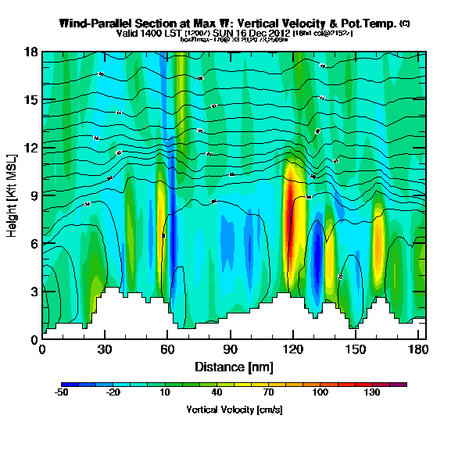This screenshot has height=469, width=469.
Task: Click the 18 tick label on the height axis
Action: [x=31, y=52]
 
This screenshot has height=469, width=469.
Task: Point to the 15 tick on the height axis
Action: [x=31, y=100]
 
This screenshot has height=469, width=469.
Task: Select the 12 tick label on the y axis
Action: [x=31, y=148]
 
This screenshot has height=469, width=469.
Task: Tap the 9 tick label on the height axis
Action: [x=34, y=195]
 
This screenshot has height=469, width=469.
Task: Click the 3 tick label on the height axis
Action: [x=34, y=292]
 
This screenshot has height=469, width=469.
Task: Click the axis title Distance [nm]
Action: [x=234, y=366]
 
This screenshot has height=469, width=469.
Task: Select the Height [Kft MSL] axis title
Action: [x=13, y=195]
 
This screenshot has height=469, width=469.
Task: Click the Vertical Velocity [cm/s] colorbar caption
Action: [x=234, y=409]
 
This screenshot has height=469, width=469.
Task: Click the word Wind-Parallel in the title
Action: [x=95, y=23]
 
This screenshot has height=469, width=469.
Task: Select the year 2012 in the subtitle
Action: [x=279, y=34]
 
